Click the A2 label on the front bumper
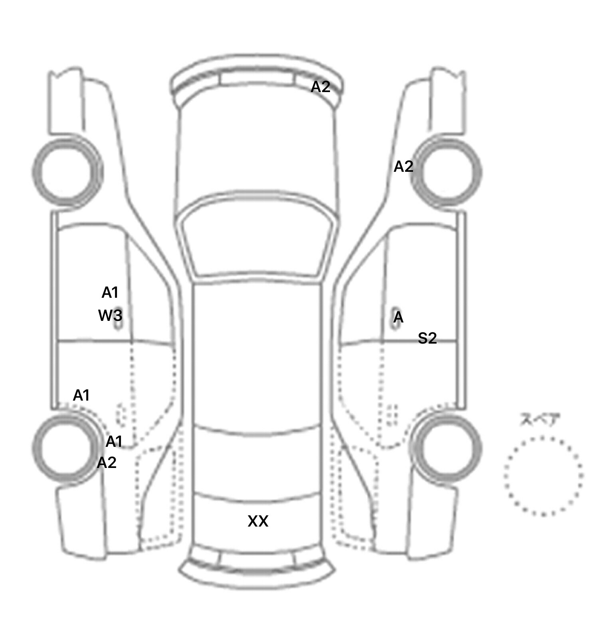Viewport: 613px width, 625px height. pyautogui.click(x=320, y=86)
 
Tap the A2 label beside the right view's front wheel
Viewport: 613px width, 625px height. pyautogui.click(x=403, y=167)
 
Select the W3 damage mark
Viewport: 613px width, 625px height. pyautogui.click(x=110, y=316)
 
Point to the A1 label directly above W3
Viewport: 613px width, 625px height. pyautogui.click(x=110, y=293)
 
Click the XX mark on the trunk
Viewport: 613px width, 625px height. pyautogui.click(x=258, y=521)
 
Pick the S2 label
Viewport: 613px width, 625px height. pyautogui.click(x=427, y=338)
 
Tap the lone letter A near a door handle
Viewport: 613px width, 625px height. pyautogui.click(x=398, y=318)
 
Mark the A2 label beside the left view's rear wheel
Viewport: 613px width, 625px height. pyautogui.click(x=107, y=462)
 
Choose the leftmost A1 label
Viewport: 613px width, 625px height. pyautogui.click(x=81, y=395)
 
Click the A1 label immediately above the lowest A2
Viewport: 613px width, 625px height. pyautogui.click(x=114, y=442)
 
